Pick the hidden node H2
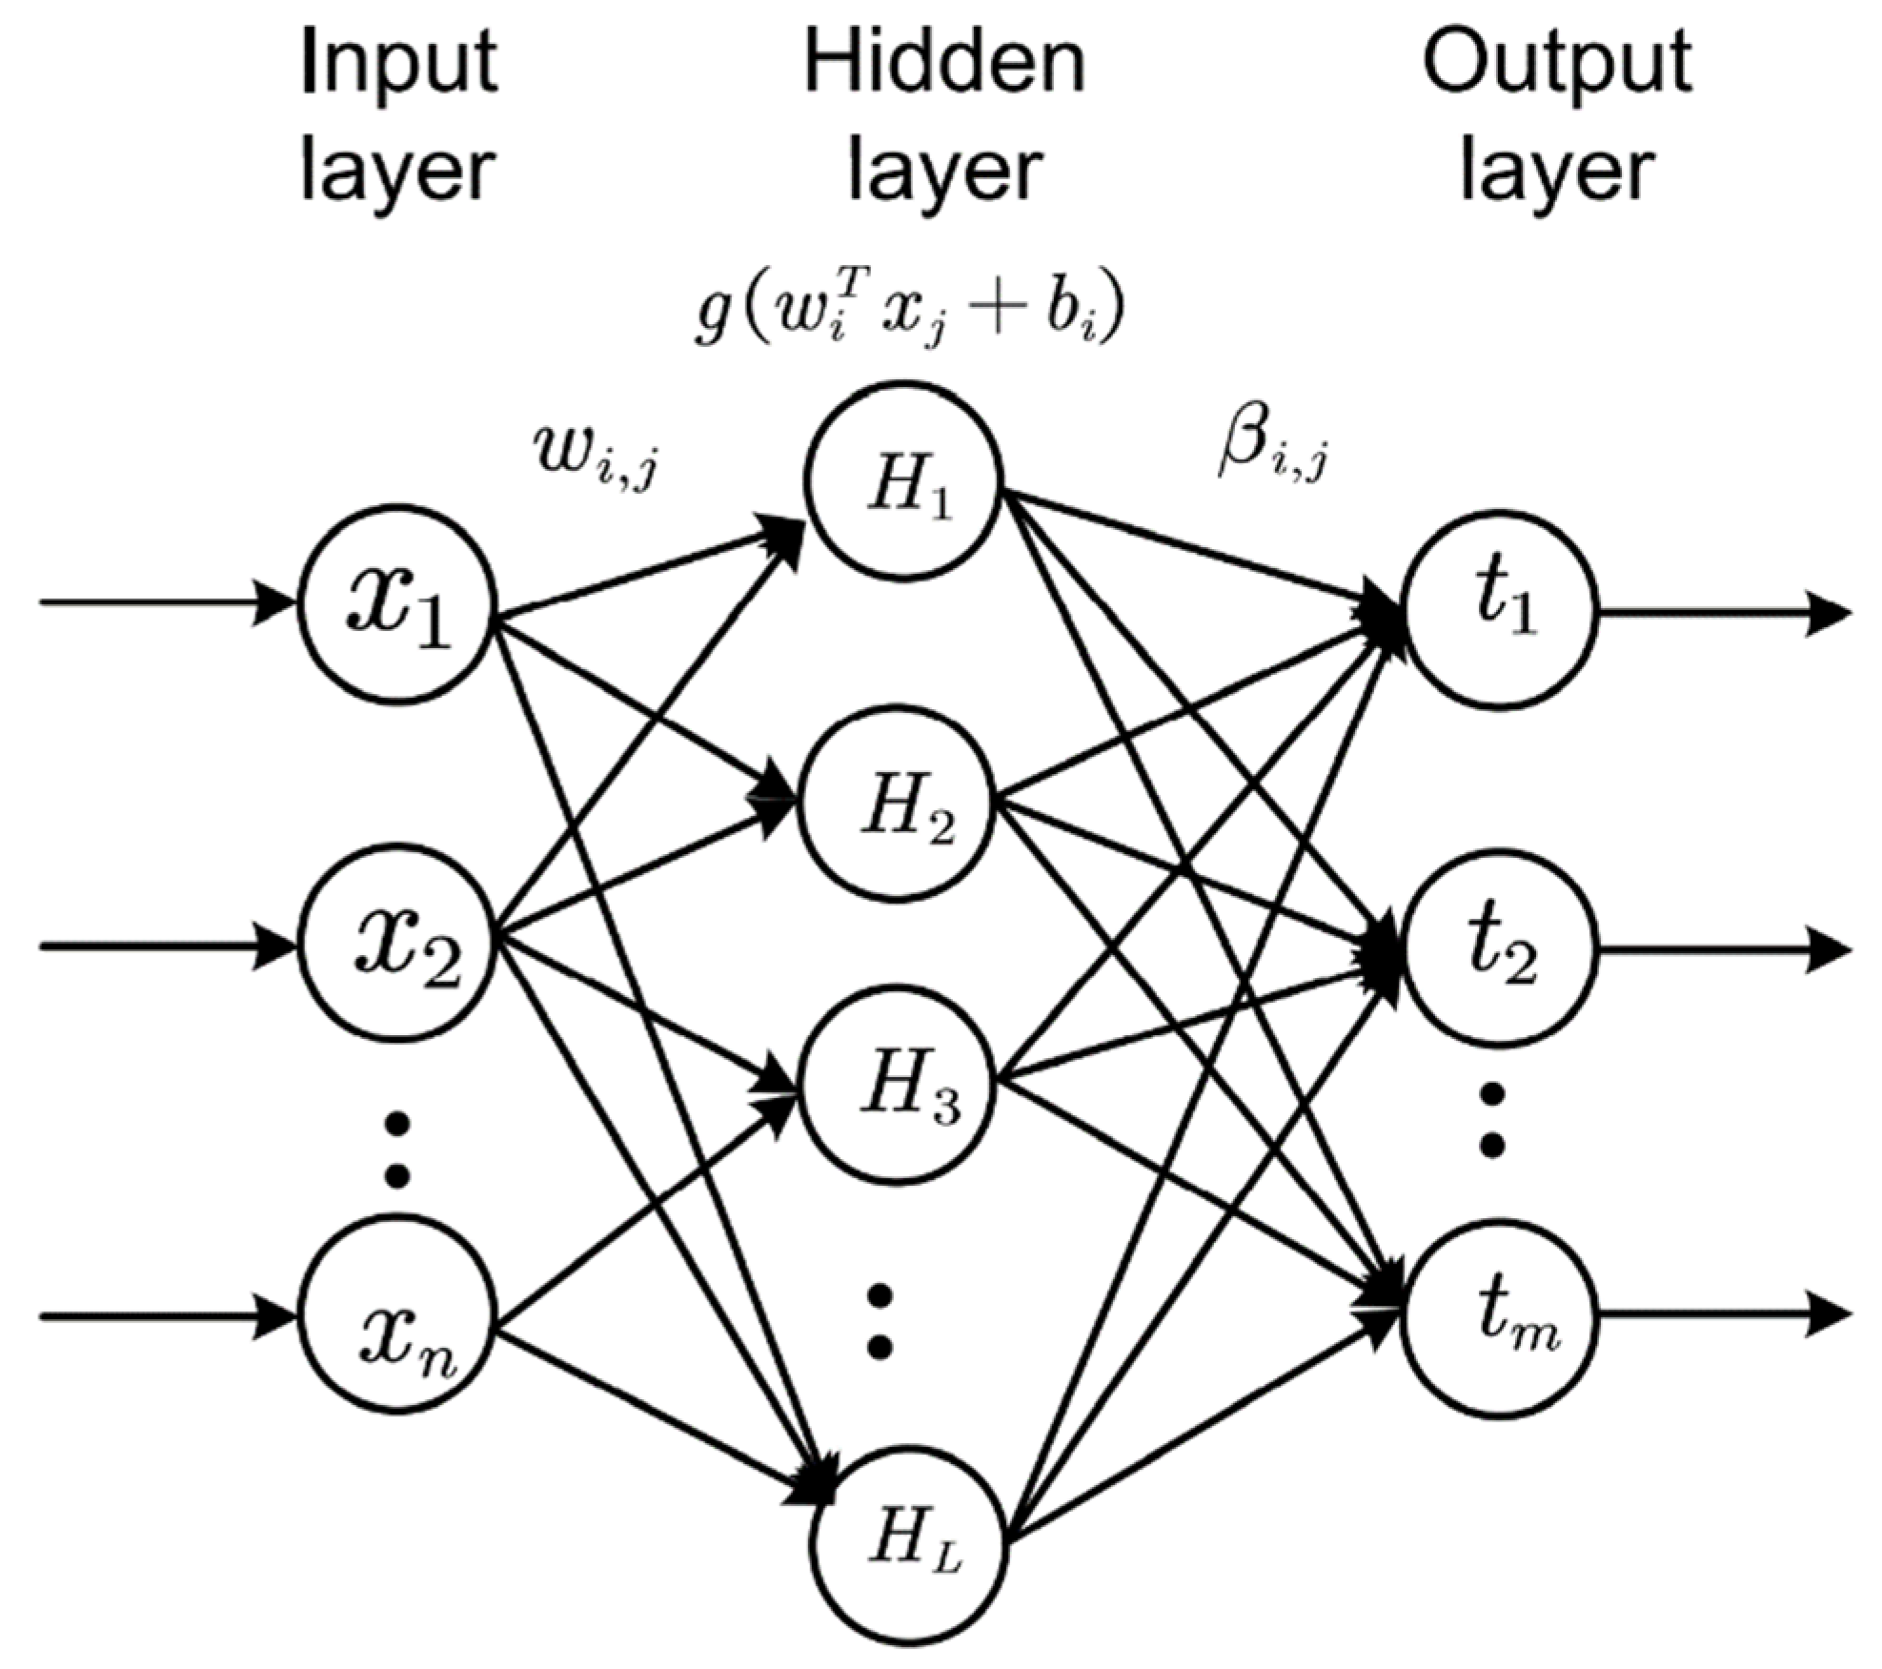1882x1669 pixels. click(898, 804)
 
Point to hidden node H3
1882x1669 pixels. click(898, 1089)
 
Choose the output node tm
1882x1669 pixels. click(1499, 1316)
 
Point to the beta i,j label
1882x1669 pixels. click(1272, 447)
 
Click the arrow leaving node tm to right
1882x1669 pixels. click(1725, 1316)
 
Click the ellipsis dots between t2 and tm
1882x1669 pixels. click(1493, 1117)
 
